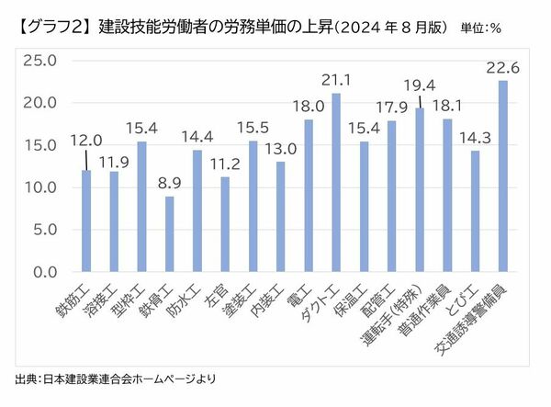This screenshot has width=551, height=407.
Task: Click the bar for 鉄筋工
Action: click(86, 220)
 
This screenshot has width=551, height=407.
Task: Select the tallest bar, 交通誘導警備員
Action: click(502, 176)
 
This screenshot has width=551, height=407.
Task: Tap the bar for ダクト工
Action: click(336, 183)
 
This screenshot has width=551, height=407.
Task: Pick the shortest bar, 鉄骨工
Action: click(169, 234)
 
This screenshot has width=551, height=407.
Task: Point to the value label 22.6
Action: click(501, 67)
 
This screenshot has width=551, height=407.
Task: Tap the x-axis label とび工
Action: click(462, 298)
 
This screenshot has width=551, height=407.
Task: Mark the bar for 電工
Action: click(308, 196)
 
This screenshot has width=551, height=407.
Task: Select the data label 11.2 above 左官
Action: click(224, 164)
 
